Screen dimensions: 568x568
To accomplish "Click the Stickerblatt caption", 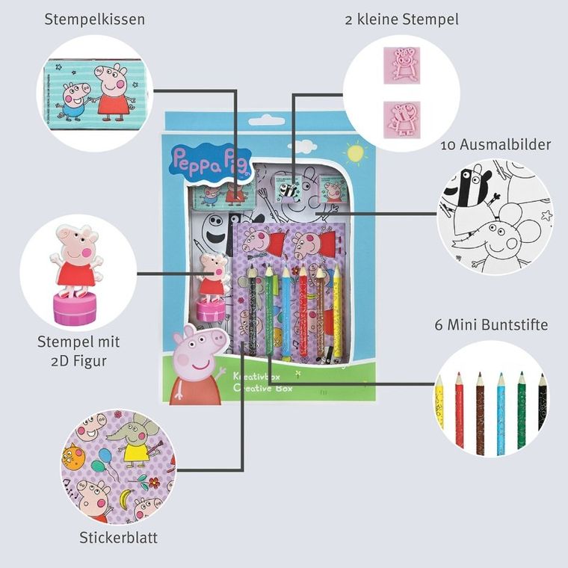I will coord(118,537).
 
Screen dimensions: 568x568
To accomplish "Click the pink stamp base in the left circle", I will coord(74,308).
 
